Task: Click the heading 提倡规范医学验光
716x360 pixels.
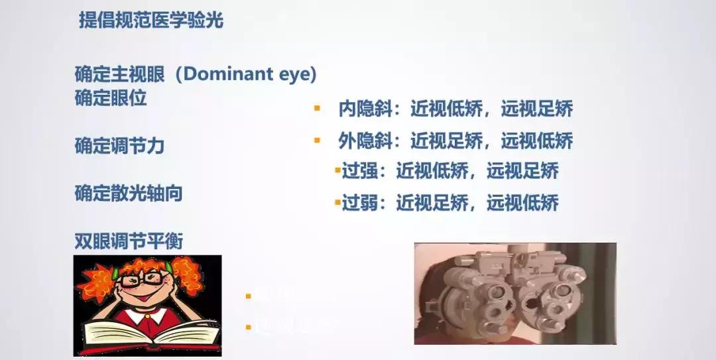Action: tap(151, 21)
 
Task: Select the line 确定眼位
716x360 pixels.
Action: tap(110, 98)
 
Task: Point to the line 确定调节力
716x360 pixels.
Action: tap(119, 145)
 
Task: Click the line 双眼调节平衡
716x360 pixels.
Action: tap(128, 241)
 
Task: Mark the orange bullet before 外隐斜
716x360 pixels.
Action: tap(317, 140)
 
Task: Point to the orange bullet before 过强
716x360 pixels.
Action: tap(337, 170)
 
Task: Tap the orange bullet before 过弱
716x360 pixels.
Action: tap(337, 201)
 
